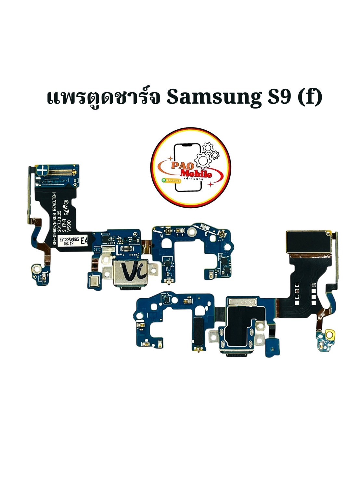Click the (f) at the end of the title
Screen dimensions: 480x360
(x=310, y=97)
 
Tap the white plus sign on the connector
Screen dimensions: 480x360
(x=42, y=170)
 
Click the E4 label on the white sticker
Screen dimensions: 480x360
(x=84, y=241)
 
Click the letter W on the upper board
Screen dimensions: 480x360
(x=161, y=236)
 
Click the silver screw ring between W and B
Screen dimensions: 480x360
(x=191, y=232)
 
